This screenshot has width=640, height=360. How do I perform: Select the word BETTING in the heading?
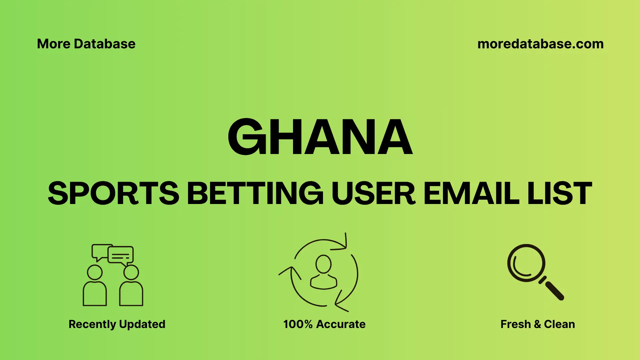pyautogui.click(x=255, y=193)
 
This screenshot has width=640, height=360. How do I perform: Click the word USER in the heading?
pyautogui.click(x=373, y=193)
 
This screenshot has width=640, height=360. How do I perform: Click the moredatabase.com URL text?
pyautogui.click(x=540, y=44)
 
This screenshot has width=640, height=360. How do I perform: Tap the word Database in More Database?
pyautogui.click(x=105, y=44)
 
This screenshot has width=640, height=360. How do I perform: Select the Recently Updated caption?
pyautogui.click(x=117, y=324)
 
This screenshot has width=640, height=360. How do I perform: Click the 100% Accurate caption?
pyautogui.click(x=324, y=324)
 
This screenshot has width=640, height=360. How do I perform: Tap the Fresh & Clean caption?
pyautogui.click(x=537, y=324)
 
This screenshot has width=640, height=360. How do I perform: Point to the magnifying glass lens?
pyautogui.click(x=526, y=263)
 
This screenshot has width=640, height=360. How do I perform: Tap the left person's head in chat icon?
pyautogui.click(x=95, y=272)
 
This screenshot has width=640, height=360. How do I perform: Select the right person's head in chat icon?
pyautogui.click(x=131, y=272)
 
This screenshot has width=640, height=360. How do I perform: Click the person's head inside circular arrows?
pyautogui.click(x=323, y=264)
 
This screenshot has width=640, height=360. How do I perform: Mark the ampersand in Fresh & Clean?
pyautogui.click(x=537, y=324)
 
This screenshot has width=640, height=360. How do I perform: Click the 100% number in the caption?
pyautogui.click(x=298, y=324)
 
